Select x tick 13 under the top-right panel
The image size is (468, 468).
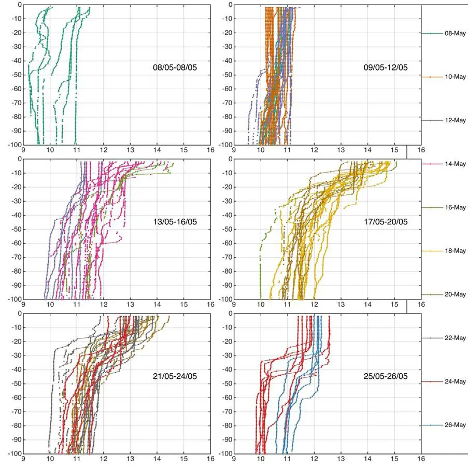click(341, 150)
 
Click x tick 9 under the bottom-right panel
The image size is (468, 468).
click(234, 458)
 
